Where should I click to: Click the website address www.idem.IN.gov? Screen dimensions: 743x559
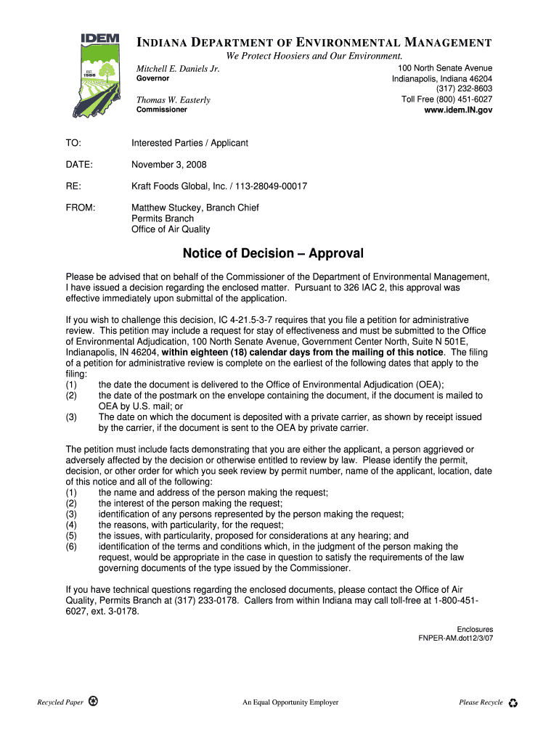coord(458,110)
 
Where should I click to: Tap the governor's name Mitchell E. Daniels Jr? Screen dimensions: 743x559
coord(178,69)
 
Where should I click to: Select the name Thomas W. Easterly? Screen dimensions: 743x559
coord(174,100)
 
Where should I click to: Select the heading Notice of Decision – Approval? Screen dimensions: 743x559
coord(273,254)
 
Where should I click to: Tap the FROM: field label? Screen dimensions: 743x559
coord(81,208)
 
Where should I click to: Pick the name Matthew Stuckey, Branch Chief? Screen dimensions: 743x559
coord(195,208)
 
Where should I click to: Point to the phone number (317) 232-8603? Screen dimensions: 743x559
coord(464,89)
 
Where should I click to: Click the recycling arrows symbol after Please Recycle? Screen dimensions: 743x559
coord(513,702)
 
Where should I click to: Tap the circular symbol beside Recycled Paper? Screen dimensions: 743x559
coord(93,702)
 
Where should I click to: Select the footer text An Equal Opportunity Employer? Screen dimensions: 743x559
coord(290,702)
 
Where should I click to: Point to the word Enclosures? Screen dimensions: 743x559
coord(475,629)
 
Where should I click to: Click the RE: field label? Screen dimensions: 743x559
coord(73,186)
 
